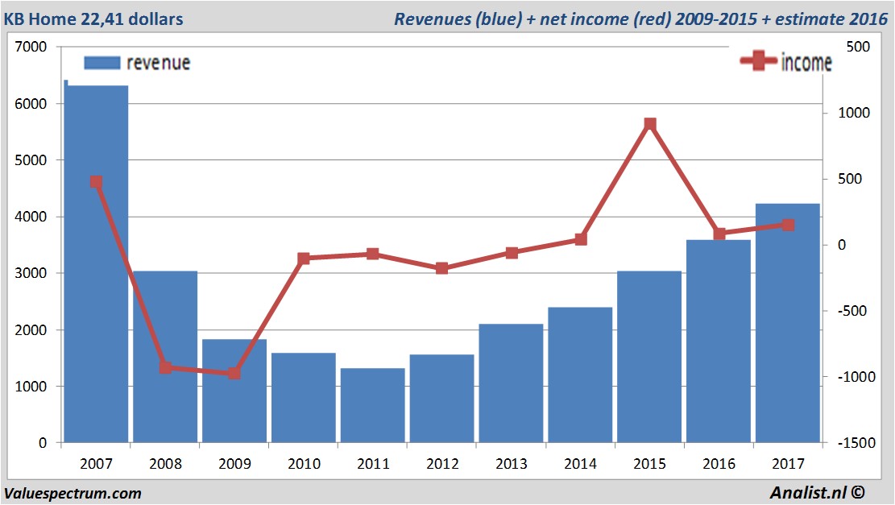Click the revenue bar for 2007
click(x=96, y=266)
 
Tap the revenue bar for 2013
click(x=511, y=383)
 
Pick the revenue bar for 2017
click(x=787, y=323)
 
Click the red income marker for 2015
click(x=650, y=124)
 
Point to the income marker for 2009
click(x=234, y=373)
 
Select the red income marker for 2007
click(x=96, y=182)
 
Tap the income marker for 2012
click(x=441, y=268)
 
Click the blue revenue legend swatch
click(x=102, y=63)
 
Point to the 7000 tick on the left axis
click(x=33, y=48)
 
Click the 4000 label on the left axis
click(x=33, y=217)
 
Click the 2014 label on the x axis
click(x=580, y=464)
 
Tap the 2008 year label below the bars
click(x=165, y=464)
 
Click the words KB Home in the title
click(x=39, y=19)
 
